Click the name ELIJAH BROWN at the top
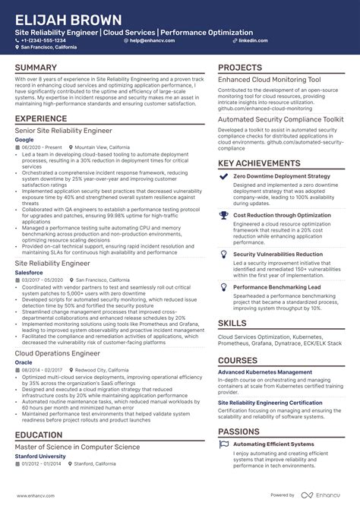[68, 19]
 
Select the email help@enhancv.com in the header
[153, 40]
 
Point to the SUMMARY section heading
[35, 68]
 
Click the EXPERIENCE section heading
[41, 119]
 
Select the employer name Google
[24, 140]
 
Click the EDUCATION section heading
[39, 435]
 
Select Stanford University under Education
[40, 457]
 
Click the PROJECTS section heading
[240, 68]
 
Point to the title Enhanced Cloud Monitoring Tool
[270, 80]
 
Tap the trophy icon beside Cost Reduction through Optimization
[223, 216]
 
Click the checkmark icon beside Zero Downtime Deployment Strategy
[223, 176]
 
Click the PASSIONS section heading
[239, 432]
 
